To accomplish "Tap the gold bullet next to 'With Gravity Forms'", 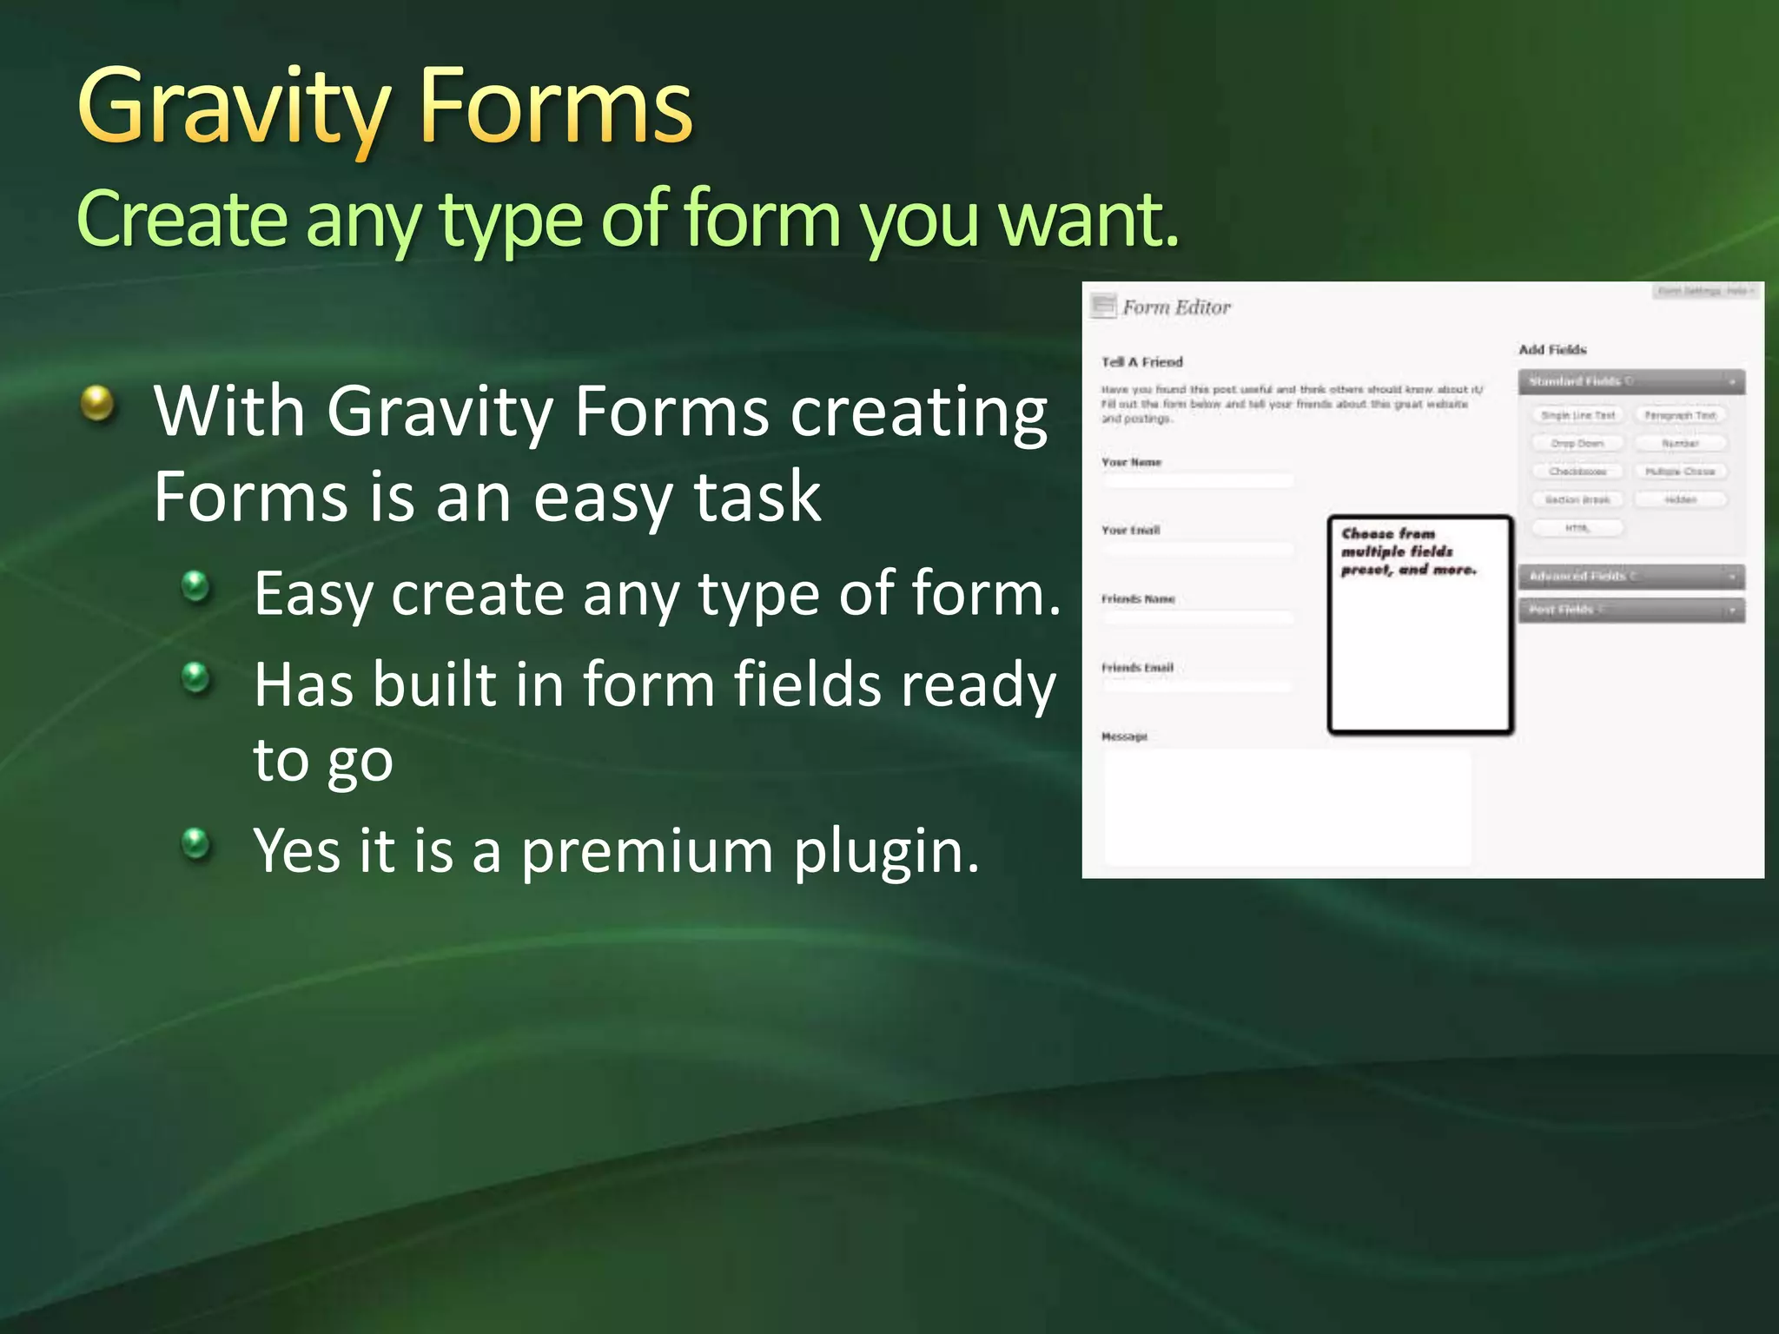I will pos(97,404).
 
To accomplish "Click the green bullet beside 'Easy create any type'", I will pos(196,586).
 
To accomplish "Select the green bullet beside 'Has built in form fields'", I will pos(196,677).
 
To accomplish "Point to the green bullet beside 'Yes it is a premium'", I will pos(196,842).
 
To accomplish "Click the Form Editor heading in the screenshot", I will pos(1176,307).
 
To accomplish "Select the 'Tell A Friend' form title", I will pos(1142,362).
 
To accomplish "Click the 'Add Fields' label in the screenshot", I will pos(1552,350).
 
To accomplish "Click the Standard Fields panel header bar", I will pos(1630,381).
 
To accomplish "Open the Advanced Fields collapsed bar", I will pos(1630,577).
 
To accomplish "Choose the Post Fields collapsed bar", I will pos(1630,610).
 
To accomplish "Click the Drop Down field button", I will pos(1577,444).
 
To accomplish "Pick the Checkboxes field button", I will pos(1577,472).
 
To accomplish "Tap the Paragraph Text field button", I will pos(1680,416).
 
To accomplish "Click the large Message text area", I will pos(1287,808).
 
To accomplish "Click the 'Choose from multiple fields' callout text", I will pos(1407,551).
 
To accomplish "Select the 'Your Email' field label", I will pos(1131,530).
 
